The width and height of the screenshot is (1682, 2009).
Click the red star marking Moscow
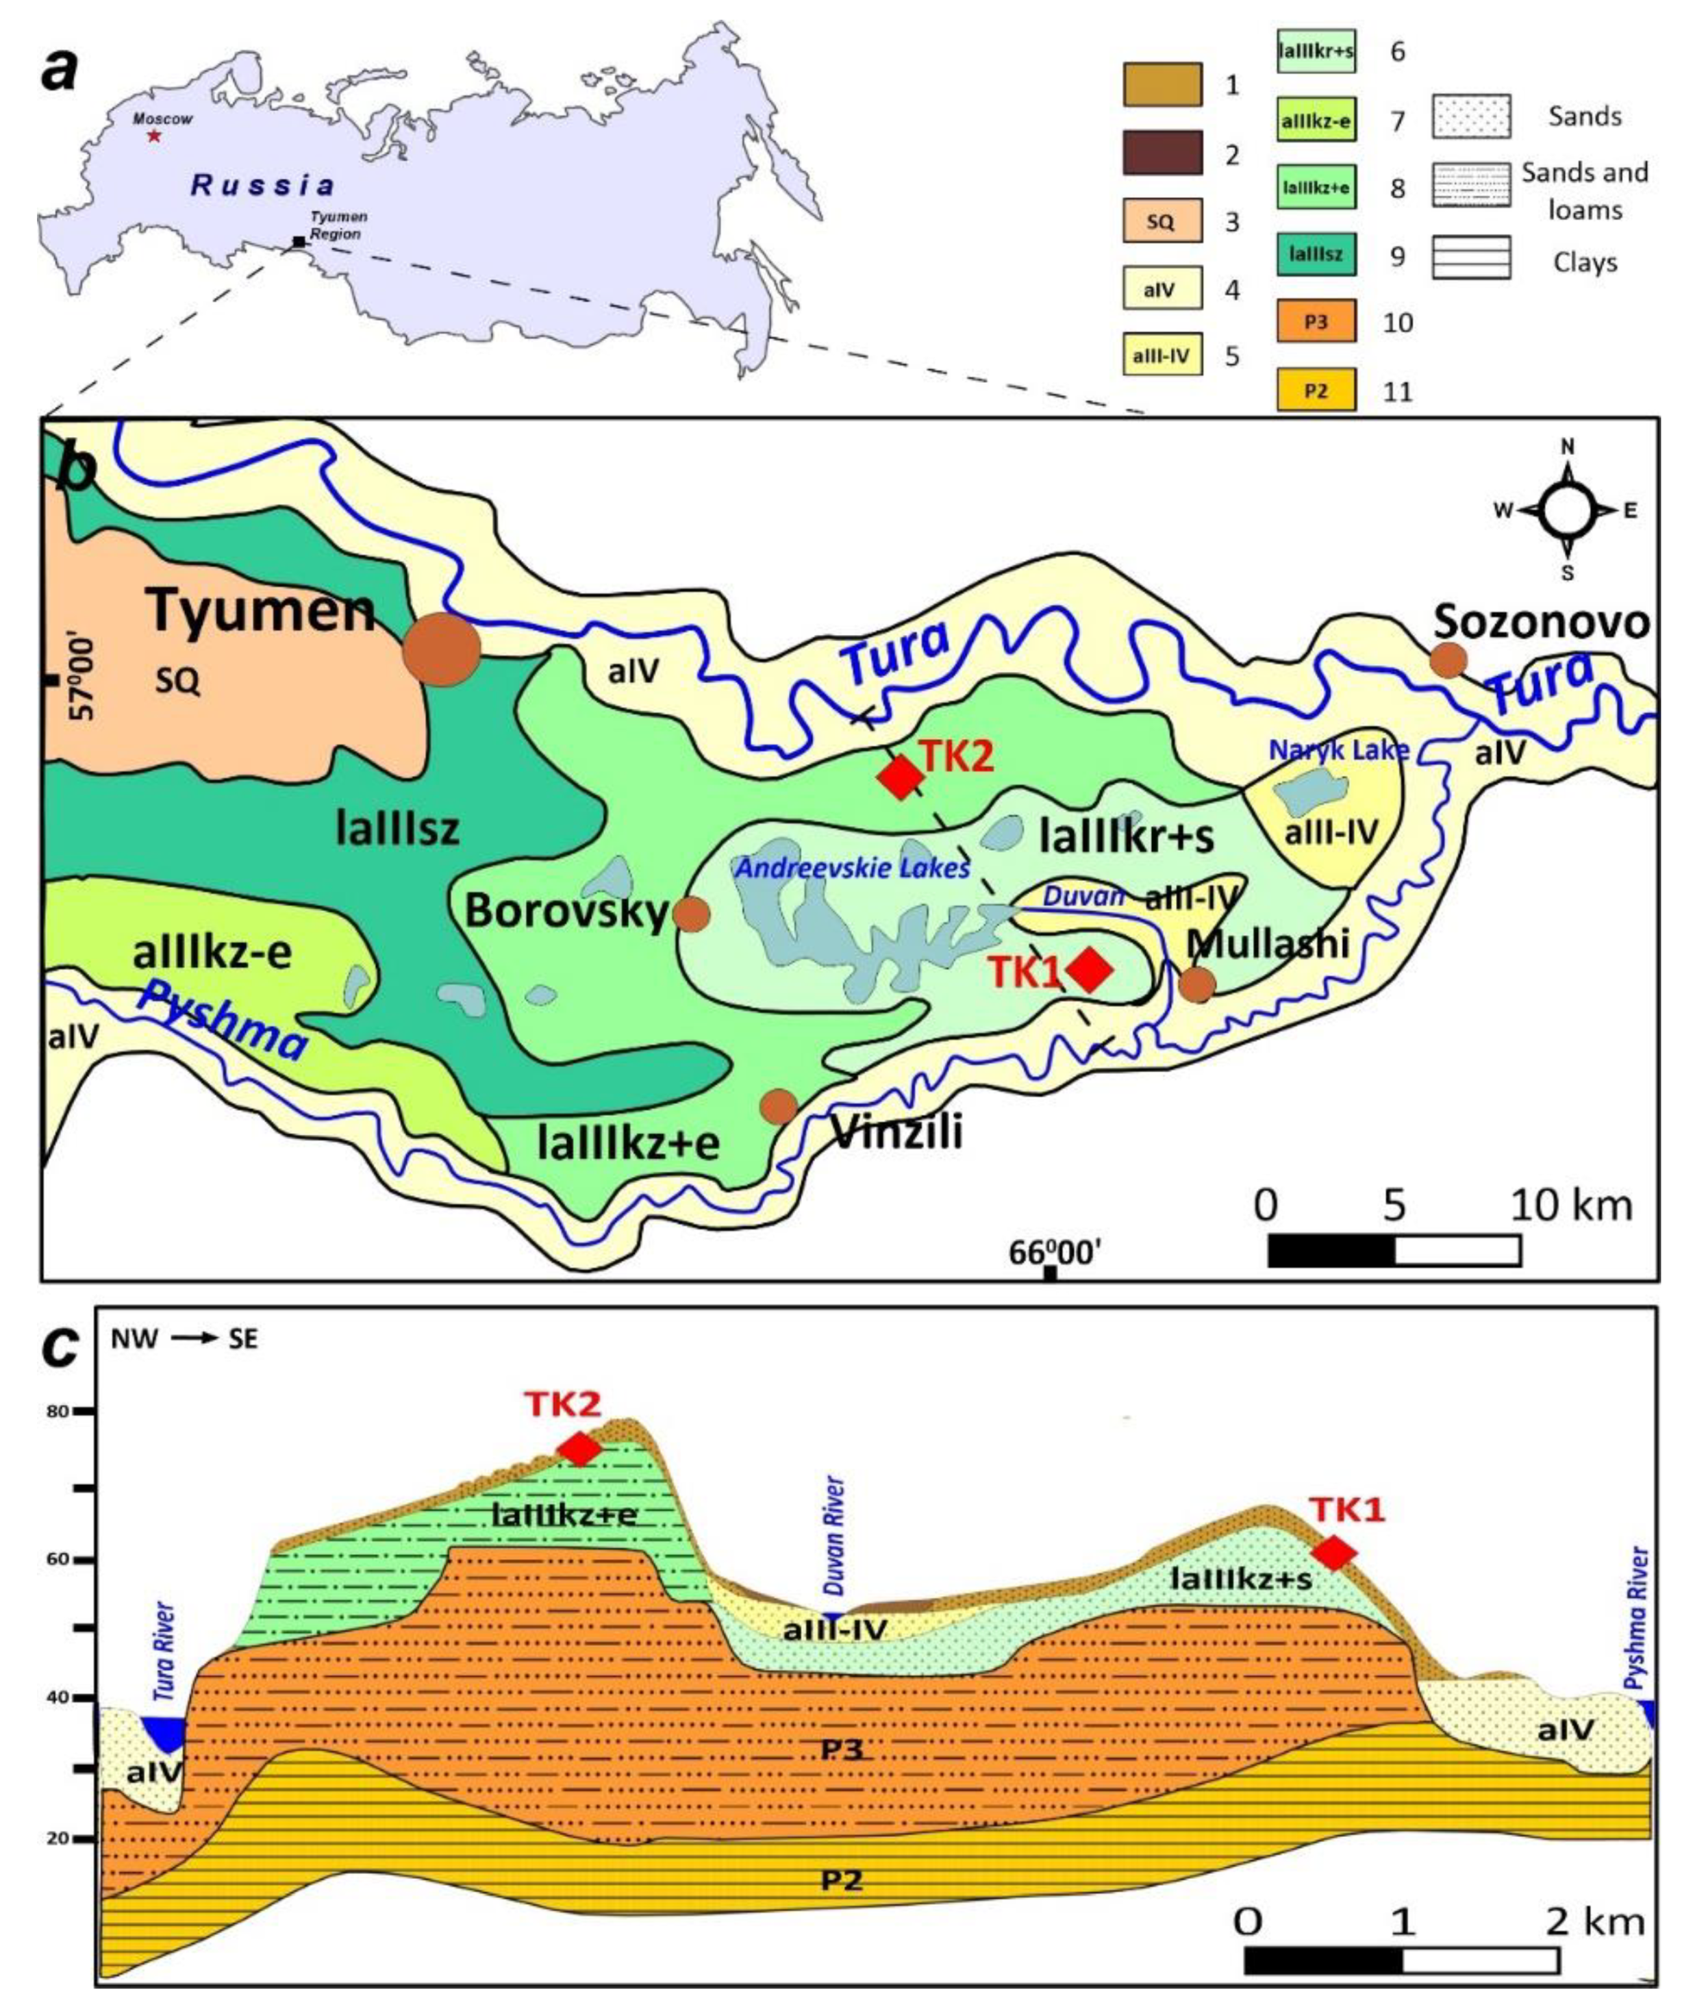(154, 136)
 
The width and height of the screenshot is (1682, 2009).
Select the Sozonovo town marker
(1448, 660)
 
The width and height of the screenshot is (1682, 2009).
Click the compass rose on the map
(1567, 510)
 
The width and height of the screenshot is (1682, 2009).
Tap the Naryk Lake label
(1340, 750)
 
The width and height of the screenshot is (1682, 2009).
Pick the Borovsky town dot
(692, 914)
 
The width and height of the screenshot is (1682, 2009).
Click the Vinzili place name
(896, 1133)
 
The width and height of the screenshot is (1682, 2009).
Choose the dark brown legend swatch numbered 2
(1162, 153)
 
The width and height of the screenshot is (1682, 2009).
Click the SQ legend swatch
(1162, 221)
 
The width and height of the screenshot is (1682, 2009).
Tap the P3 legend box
(1316, 323)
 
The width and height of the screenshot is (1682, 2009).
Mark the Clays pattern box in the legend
(1470, 258)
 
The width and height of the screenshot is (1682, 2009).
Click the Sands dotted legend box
(1470, 116)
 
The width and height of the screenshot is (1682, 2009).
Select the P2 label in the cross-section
(841, 1879)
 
